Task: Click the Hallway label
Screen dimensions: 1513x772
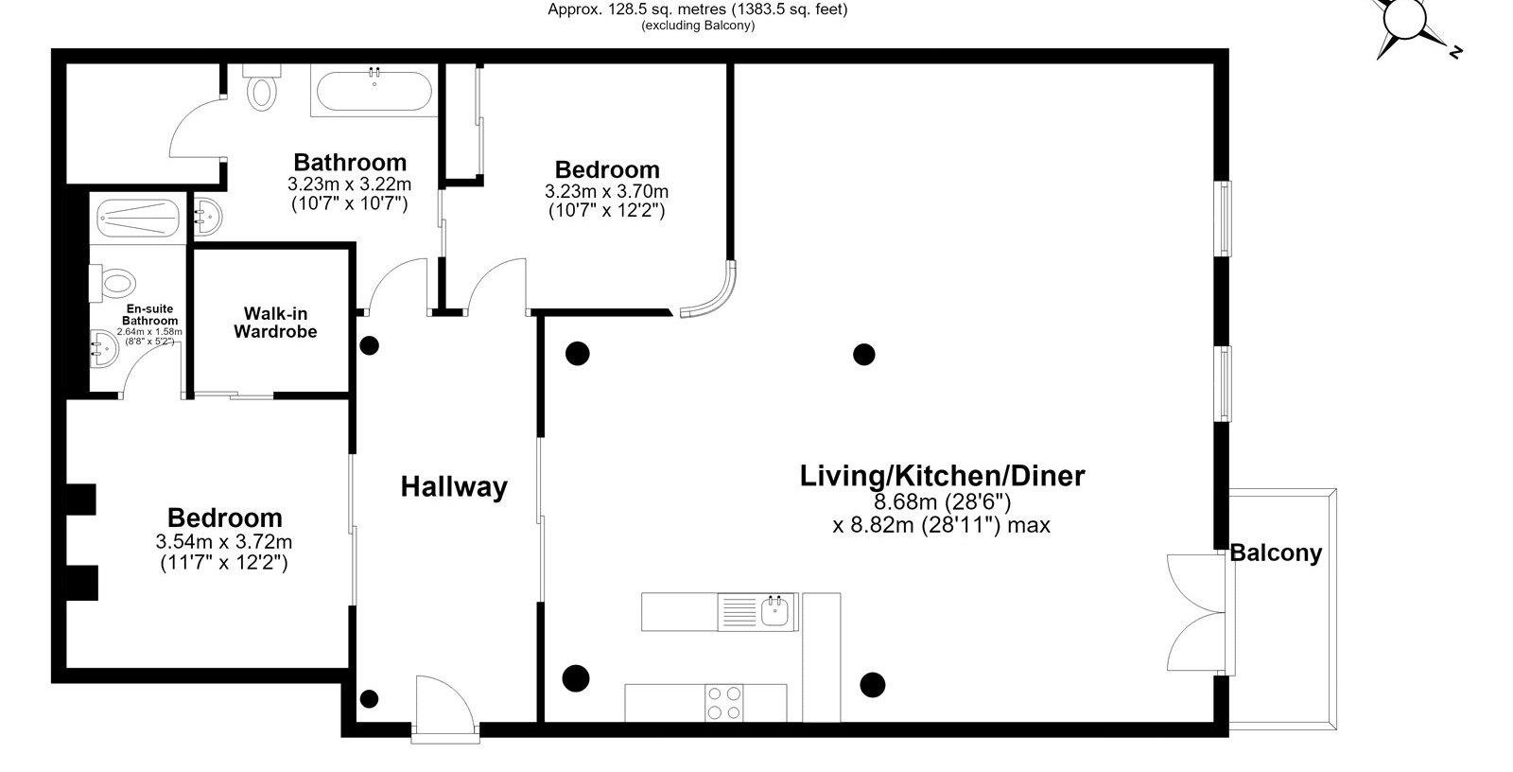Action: (454, 486)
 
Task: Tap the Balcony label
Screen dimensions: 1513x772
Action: (1276, 553)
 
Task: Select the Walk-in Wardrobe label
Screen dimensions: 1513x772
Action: (275, 323)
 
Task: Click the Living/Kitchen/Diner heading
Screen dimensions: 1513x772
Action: (942, 476)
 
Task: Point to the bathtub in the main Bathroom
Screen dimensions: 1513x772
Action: (374, 91)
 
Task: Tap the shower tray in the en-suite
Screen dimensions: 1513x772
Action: (137, 219)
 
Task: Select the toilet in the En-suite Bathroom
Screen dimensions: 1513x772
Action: (113, 283)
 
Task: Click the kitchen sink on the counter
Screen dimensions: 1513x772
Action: (774, 611)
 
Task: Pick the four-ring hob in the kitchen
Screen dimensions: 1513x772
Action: (723, 702)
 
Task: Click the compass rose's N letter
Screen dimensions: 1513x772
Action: (1455, 51)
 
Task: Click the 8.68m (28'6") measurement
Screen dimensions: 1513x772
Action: (942, 502)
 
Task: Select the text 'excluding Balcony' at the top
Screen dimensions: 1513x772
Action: (698, 26)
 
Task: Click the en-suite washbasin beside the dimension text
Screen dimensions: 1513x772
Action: (103, 349)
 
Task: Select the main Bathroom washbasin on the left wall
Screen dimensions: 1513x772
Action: (207, 217)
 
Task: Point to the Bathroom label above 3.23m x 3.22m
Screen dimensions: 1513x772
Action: (350, 162)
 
